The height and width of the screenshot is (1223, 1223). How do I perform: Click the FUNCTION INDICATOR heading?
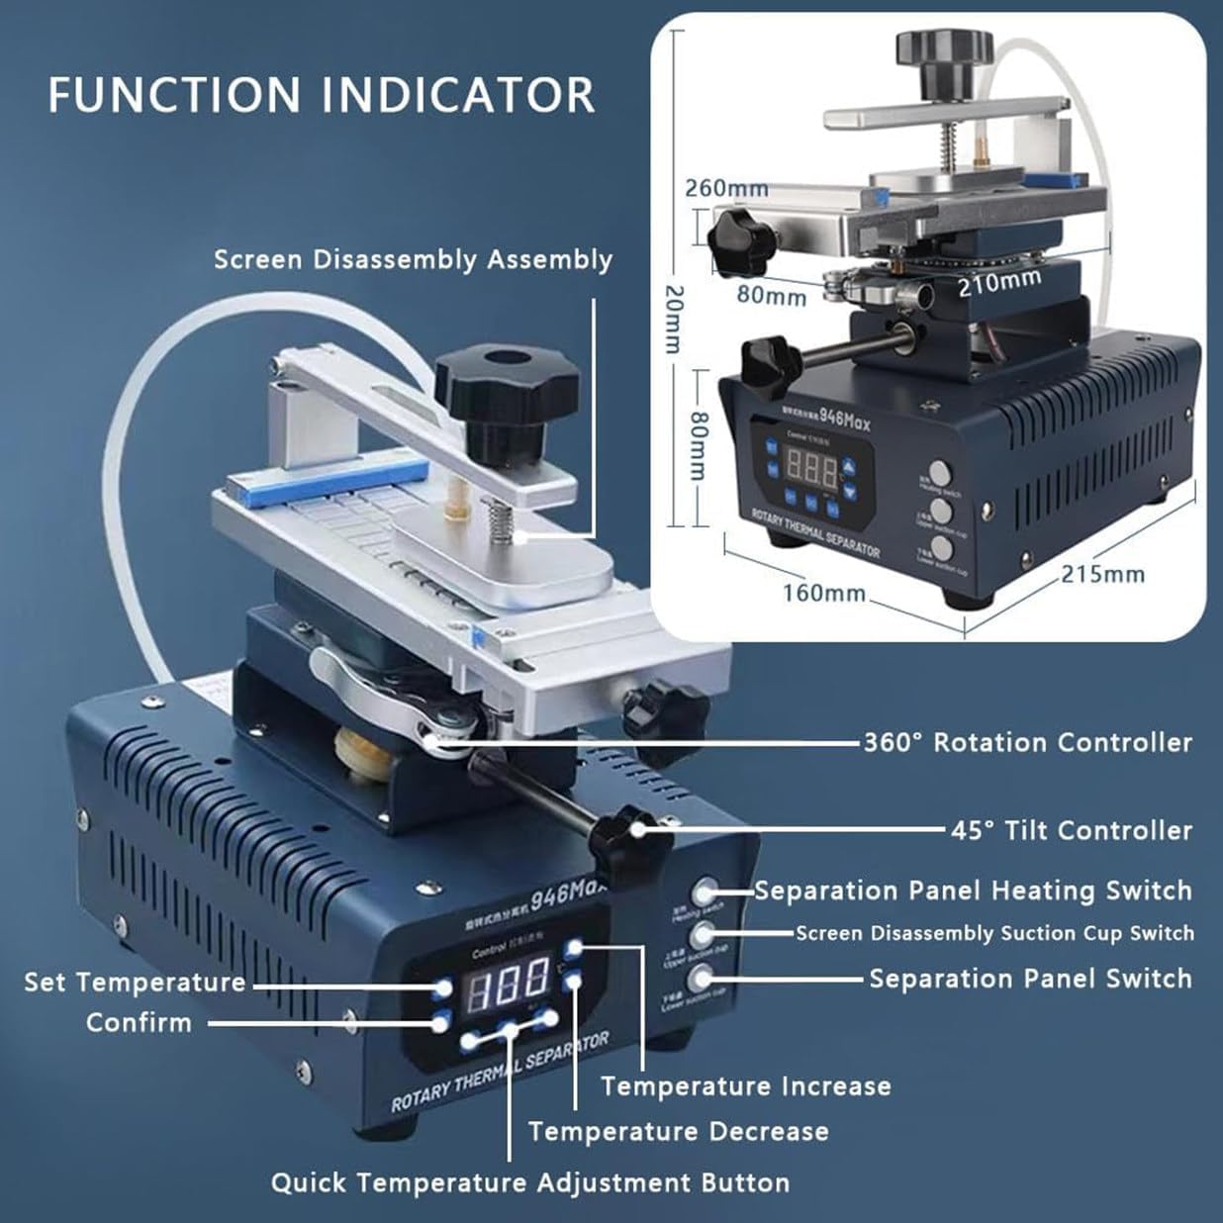coord(322,95)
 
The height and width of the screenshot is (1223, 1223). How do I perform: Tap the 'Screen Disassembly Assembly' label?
coord(413,259)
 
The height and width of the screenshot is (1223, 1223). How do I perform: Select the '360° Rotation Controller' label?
coord(1027,742)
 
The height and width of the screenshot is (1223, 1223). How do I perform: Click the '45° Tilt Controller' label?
coord(1072,830)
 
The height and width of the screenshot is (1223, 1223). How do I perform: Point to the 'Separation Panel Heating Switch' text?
coord(974,891)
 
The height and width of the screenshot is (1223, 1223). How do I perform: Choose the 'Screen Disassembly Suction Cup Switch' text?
coord(994,933)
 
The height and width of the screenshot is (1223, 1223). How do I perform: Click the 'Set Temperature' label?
coord(135,983)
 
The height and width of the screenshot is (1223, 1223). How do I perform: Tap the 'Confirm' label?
coord(139,1022)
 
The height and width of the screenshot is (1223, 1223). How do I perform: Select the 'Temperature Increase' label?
coord(746,1086)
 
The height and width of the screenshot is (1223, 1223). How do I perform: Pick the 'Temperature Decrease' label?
coord(679,1131)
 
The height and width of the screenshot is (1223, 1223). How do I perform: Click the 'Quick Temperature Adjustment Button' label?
coord(530,1182)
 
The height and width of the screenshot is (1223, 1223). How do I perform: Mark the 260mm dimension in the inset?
coord(726,187)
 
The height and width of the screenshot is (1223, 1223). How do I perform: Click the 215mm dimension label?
coord(1102,573)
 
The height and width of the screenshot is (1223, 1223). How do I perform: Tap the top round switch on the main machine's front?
coord(704,892)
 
